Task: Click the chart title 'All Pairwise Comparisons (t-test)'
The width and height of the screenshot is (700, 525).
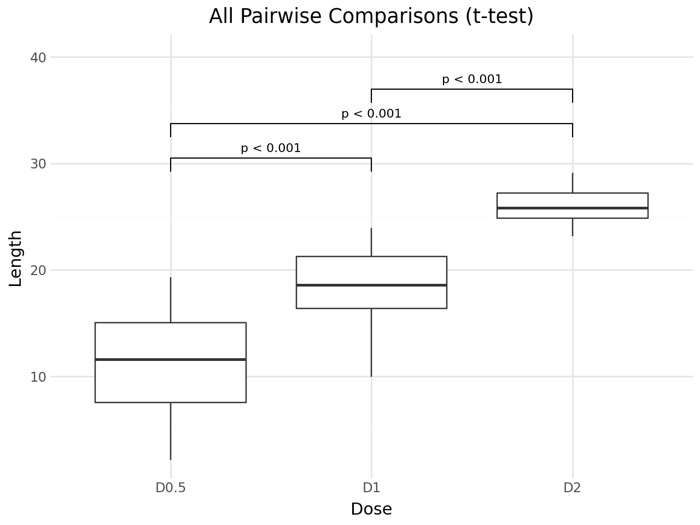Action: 371,16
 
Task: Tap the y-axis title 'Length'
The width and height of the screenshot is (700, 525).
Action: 15,258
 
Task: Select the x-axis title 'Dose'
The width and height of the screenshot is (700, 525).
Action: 371,509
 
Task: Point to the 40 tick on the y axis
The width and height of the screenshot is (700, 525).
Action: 38,57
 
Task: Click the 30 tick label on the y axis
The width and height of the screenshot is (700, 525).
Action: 38,164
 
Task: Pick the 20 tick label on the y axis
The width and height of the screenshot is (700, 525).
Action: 38,270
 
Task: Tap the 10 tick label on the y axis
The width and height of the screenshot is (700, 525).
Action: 38,377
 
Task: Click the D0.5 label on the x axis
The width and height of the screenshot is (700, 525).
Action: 171,488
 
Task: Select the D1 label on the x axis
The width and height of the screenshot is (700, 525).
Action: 371,488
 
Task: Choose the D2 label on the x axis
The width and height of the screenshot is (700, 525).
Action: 572,488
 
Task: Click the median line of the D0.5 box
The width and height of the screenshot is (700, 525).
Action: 171,359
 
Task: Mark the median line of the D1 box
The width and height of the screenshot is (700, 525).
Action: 371,285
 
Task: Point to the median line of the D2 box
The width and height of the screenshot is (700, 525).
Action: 572,208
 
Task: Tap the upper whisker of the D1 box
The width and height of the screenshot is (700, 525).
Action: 371,242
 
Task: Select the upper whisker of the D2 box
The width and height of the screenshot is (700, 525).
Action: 572,183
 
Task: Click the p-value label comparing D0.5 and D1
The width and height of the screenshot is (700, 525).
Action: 271,148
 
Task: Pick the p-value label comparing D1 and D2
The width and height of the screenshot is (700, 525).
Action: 472,79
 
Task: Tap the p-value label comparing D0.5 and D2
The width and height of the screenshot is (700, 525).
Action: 371,114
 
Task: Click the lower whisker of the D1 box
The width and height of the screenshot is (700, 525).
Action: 371,342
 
